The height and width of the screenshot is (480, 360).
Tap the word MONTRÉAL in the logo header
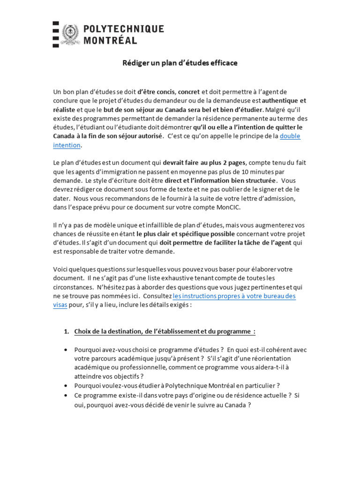[110, 40]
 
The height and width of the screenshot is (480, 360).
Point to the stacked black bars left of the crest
[56, 34]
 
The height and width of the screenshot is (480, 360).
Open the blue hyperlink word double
[290, 136]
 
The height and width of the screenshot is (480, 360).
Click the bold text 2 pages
[231, 163]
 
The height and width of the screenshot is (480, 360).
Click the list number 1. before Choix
[67, 332]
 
